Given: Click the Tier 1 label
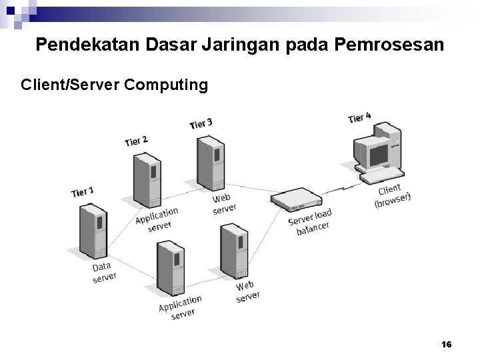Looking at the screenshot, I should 83,192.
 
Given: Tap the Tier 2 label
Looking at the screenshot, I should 136,141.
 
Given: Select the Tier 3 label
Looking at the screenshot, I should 201,123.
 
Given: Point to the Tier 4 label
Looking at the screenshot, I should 359,118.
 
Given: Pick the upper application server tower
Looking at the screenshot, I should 147,180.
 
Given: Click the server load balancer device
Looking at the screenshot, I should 296,198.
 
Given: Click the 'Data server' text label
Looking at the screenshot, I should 103,272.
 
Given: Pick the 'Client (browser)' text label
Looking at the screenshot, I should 392,195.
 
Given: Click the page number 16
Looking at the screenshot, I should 446,344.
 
